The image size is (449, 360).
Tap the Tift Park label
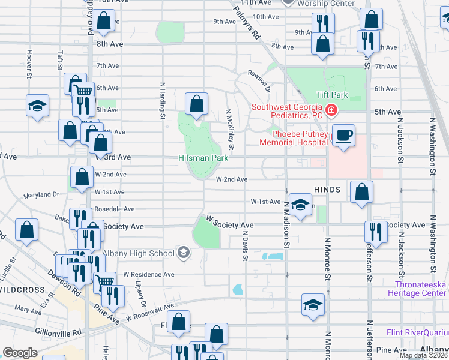click(332, 95)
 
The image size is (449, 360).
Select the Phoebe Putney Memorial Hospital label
click(294, 138)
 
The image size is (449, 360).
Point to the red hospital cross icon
click(331, 110)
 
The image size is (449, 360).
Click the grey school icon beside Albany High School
click(183, 253)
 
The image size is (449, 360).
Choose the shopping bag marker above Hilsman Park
click(196, 104)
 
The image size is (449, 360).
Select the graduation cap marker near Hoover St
click(37, 106)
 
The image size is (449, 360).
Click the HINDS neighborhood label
click(327, 190)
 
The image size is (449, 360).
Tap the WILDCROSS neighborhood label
click(22, 290)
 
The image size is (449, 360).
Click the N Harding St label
click(162, 100)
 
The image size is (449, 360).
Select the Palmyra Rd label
click(246, 22)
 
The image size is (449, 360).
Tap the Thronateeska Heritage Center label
click(420, 289)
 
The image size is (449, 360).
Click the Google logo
click(20, 353)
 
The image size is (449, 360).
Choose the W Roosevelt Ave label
click(149, 312)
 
